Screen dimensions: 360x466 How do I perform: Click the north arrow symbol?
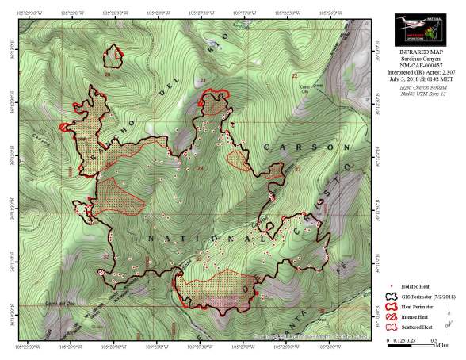[449, 322]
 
